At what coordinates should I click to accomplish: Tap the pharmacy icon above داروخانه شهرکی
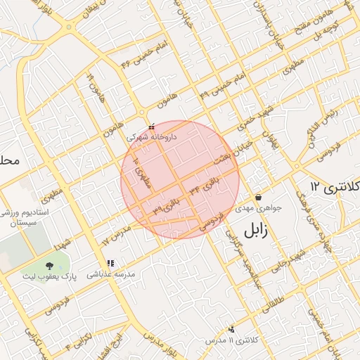click(x=151, y=127)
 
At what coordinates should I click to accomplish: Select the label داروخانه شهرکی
click(x=151, y=136)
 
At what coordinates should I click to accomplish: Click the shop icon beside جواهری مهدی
click(x=259, y=198)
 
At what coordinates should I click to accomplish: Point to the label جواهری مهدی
click(x=258, y=208)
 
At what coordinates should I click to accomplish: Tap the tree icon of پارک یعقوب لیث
click(x=49, y=266)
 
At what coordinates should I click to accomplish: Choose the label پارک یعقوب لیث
click(x=49, y=277)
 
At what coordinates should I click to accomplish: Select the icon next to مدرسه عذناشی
click(x=110, y=263)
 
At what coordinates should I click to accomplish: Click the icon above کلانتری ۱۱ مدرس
click(x=231, y=329)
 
